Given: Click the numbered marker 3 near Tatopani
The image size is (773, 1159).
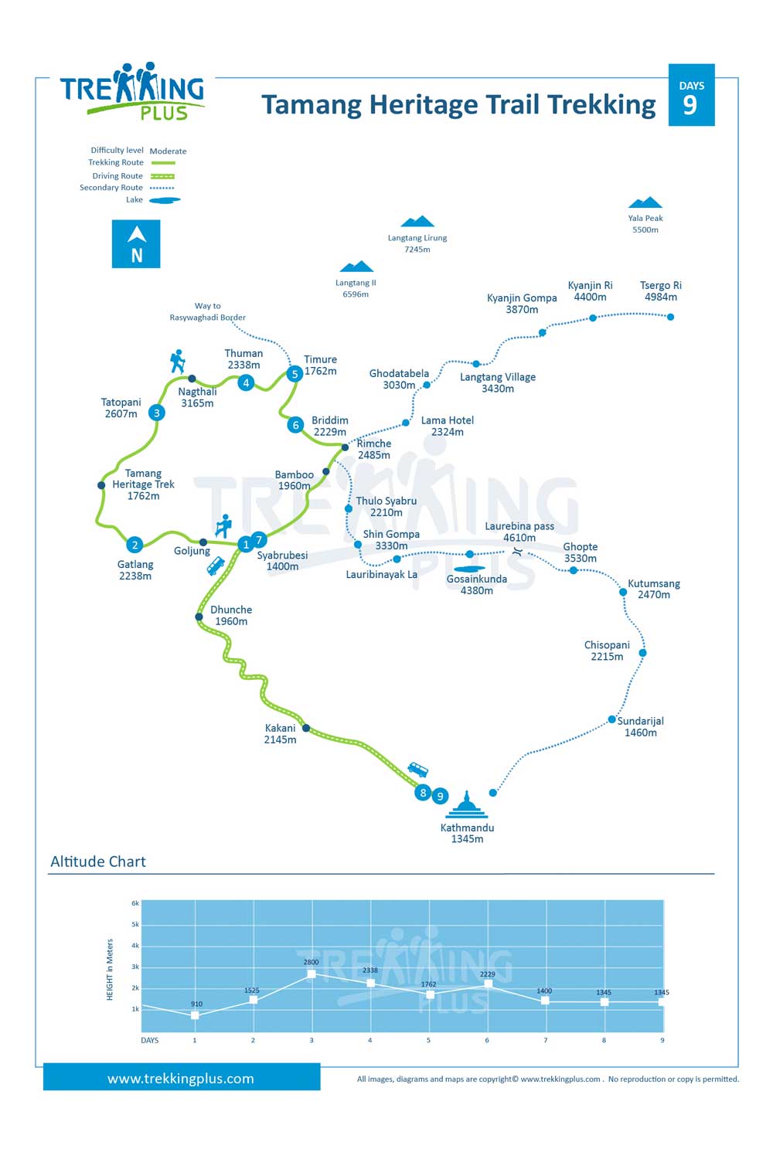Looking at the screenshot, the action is coord(156,413).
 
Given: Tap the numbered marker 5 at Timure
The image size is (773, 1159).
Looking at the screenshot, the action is coord(295,373).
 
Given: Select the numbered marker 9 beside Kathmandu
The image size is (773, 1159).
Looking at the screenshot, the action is coord(440,796).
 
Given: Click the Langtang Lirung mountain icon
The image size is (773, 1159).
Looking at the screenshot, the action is coord(417,222).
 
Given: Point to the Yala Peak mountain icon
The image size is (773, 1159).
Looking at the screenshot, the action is coord(645,202).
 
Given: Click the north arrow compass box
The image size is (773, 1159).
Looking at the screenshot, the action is coord(136,244).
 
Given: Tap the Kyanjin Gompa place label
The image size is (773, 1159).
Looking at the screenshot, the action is coord(522,304).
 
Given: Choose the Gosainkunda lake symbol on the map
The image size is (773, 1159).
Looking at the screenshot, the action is coord(469,569).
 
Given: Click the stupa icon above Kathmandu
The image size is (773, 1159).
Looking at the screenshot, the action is coord(466,804).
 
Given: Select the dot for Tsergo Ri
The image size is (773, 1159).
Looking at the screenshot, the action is coord(670,317).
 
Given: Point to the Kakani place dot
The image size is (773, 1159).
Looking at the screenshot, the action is coord(306,728).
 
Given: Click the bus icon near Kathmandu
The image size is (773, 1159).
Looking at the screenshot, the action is coord(418,770).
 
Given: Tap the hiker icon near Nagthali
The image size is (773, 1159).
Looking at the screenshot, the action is coord(178,362).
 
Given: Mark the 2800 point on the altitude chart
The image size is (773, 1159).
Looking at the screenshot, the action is coord(312,974).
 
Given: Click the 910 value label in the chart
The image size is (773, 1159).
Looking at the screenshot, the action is coord(197,1004).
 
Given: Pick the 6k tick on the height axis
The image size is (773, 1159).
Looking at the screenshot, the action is coord(135,903).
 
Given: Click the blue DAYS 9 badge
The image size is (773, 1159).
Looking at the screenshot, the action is coord(691,95).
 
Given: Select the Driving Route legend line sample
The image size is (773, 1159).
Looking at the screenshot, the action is coord(162,176).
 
